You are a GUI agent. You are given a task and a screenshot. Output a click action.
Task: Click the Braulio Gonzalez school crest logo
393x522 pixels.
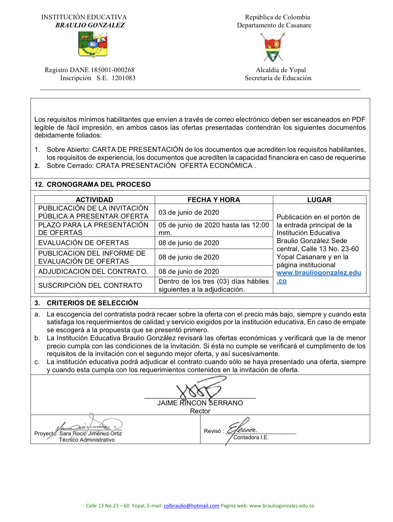click(93, 44)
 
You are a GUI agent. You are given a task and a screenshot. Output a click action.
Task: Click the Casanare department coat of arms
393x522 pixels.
click(274, 47)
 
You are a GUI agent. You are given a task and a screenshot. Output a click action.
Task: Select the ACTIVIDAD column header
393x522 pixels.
click(94, 200)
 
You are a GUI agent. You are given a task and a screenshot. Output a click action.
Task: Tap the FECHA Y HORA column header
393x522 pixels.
click(213, 200)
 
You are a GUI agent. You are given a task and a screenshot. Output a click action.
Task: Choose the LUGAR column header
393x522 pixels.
click(319, 200)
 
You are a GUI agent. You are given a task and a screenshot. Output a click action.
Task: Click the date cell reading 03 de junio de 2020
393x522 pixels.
click(189, 212)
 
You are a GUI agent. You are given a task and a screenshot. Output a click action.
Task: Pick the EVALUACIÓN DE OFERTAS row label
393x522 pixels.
click(83, 243)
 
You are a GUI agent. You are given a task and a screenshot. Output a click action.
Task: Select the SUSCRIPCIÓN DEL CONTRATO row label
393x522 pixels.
click(90, 285)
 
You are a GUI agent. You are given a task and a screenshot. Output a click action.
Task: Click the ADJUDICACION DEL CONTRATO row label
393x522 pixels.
click(93, 271)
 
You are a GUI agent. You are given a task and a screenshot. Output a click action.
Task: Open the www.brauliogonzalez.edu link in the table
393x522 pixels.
click(319, 273)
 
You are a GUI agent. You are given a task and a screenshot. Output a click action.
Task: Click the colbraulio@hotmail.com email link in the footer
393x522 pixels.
click(191, 506)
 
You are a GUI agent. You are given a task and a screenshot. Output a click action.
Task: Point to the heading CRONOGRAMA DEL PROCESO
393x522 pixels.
click(99, 184)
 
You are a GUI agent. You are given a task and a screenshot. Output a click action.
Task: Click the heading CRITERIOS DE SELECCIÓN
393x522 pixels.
click(92, 303)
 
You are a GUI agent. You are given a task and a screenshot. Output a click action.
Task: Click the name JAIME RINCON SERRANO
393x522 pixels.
click(200, 403)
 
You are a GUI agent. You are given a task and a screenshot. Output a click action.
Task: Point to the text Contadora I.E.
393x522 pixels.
click(251, 437)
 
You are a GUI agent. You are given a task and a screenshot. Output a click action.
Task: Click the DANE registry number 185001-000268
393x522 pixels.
click(112, 70)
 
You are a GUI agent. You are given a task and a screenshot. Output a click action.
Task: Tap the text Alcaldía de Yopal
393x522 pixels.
click(281, 70)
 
